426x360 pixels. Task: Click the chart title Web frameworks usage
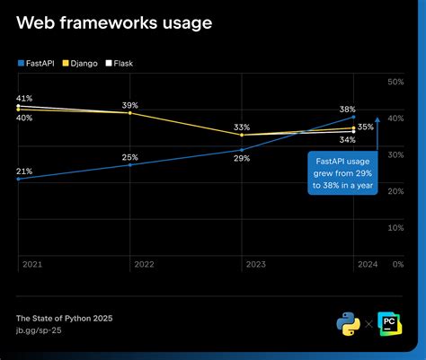pos(114,23)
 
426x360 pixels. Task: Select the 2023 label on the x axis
pos(254,264)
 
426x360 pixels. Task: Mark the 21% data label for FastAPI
pos(24,171)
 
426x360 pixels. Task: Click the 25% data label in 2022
pos(130,157)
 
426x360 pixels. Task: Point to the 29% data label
pos(242,158)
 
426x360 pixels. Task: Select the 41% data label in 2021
pos(24,98)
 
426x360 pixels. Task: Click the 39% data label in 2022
pos(130,104)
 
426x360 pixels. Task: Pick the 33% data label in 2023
pos(242,127)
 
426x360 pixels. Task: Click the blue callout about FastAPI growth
pos(342,173)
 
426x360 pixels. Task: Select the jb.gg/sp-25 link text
pos(40,331)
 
